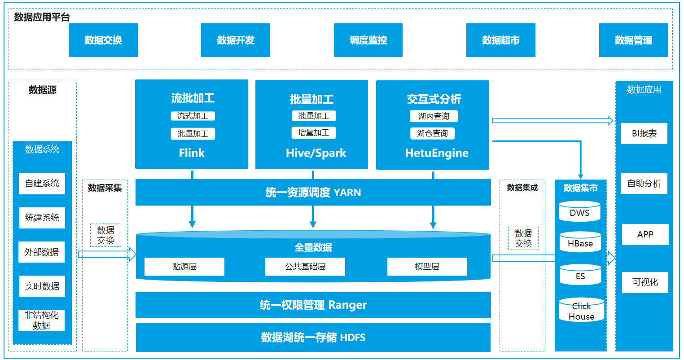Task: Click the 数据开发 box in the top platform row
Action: point(235,40)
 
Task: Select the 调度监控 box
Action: point(368,40)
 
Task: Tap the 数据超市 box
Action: point(500,40)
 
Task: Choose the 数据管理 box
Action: point(633,40)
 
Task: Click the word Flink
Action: point(192,153)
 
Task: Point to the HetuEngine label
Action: point(436,153)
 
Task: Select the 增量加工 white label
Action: point(313,133)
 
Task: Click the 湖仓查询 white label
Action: point(432,133)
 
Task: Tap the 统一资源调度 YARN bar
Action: point(313,193)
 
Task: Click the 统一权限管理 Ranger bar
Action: point(313,305)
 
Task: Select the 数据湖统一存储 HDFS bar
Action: point(313,337)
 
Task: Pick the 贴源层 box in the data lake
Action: point(184,267)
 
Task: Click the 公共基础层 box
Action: point(305,267)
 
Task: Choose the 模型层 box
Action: point(427,267)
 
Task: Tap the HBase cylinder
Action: point(580,242)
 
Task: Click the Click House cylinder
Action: point(581,311)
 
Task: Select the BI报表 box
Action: point(644,134)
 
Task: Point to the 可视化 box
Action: point(645,282)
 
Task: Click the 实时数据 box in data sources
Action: point(42,286)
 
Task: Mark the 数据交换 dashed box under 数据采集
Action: point(105,235)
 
